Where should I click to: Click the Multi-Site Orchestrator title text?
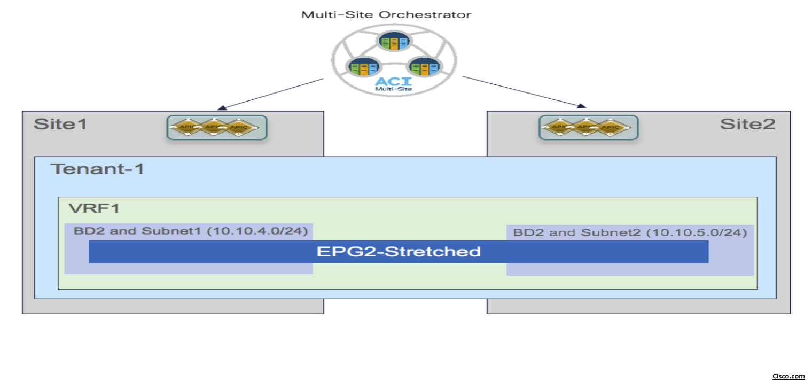[386, 14]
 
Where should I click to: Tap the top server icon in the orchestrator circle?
[394, 42]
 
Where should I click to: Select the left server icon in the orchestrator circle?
[364, 67]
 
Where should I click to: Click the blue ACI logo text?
[394, 82]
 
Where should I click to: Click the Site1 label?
[60, 124]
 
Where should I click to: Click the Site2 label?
[747, 124]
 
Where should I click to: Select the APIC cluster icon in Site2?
[588, 128]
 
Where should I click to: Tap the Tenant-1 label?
[97, 169]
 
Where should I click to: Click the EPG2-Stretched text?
[399, 251]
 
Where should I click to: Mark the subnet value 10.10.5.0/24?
[698, 232]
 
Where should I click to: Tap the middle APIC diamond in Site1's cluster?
[214, 127]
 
